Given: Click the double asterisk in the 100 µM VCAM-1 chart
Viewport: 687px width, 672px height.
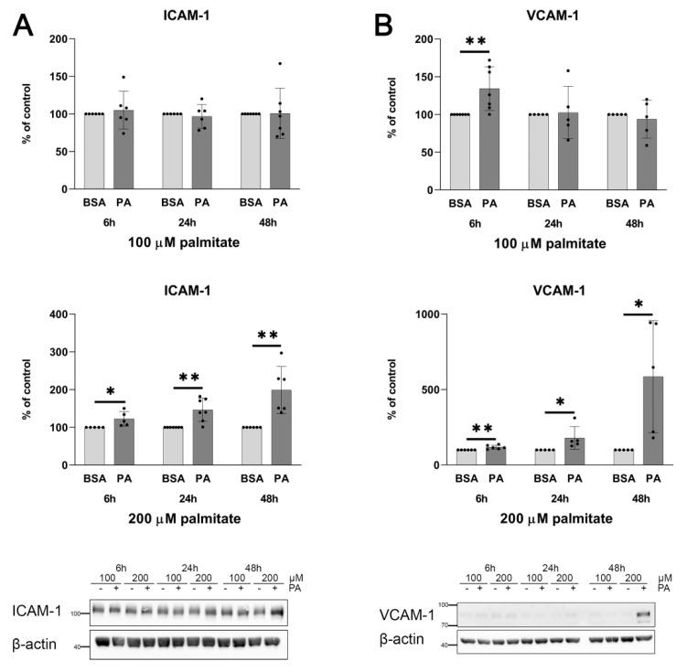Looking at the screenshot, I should click(x=475, y=42).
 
